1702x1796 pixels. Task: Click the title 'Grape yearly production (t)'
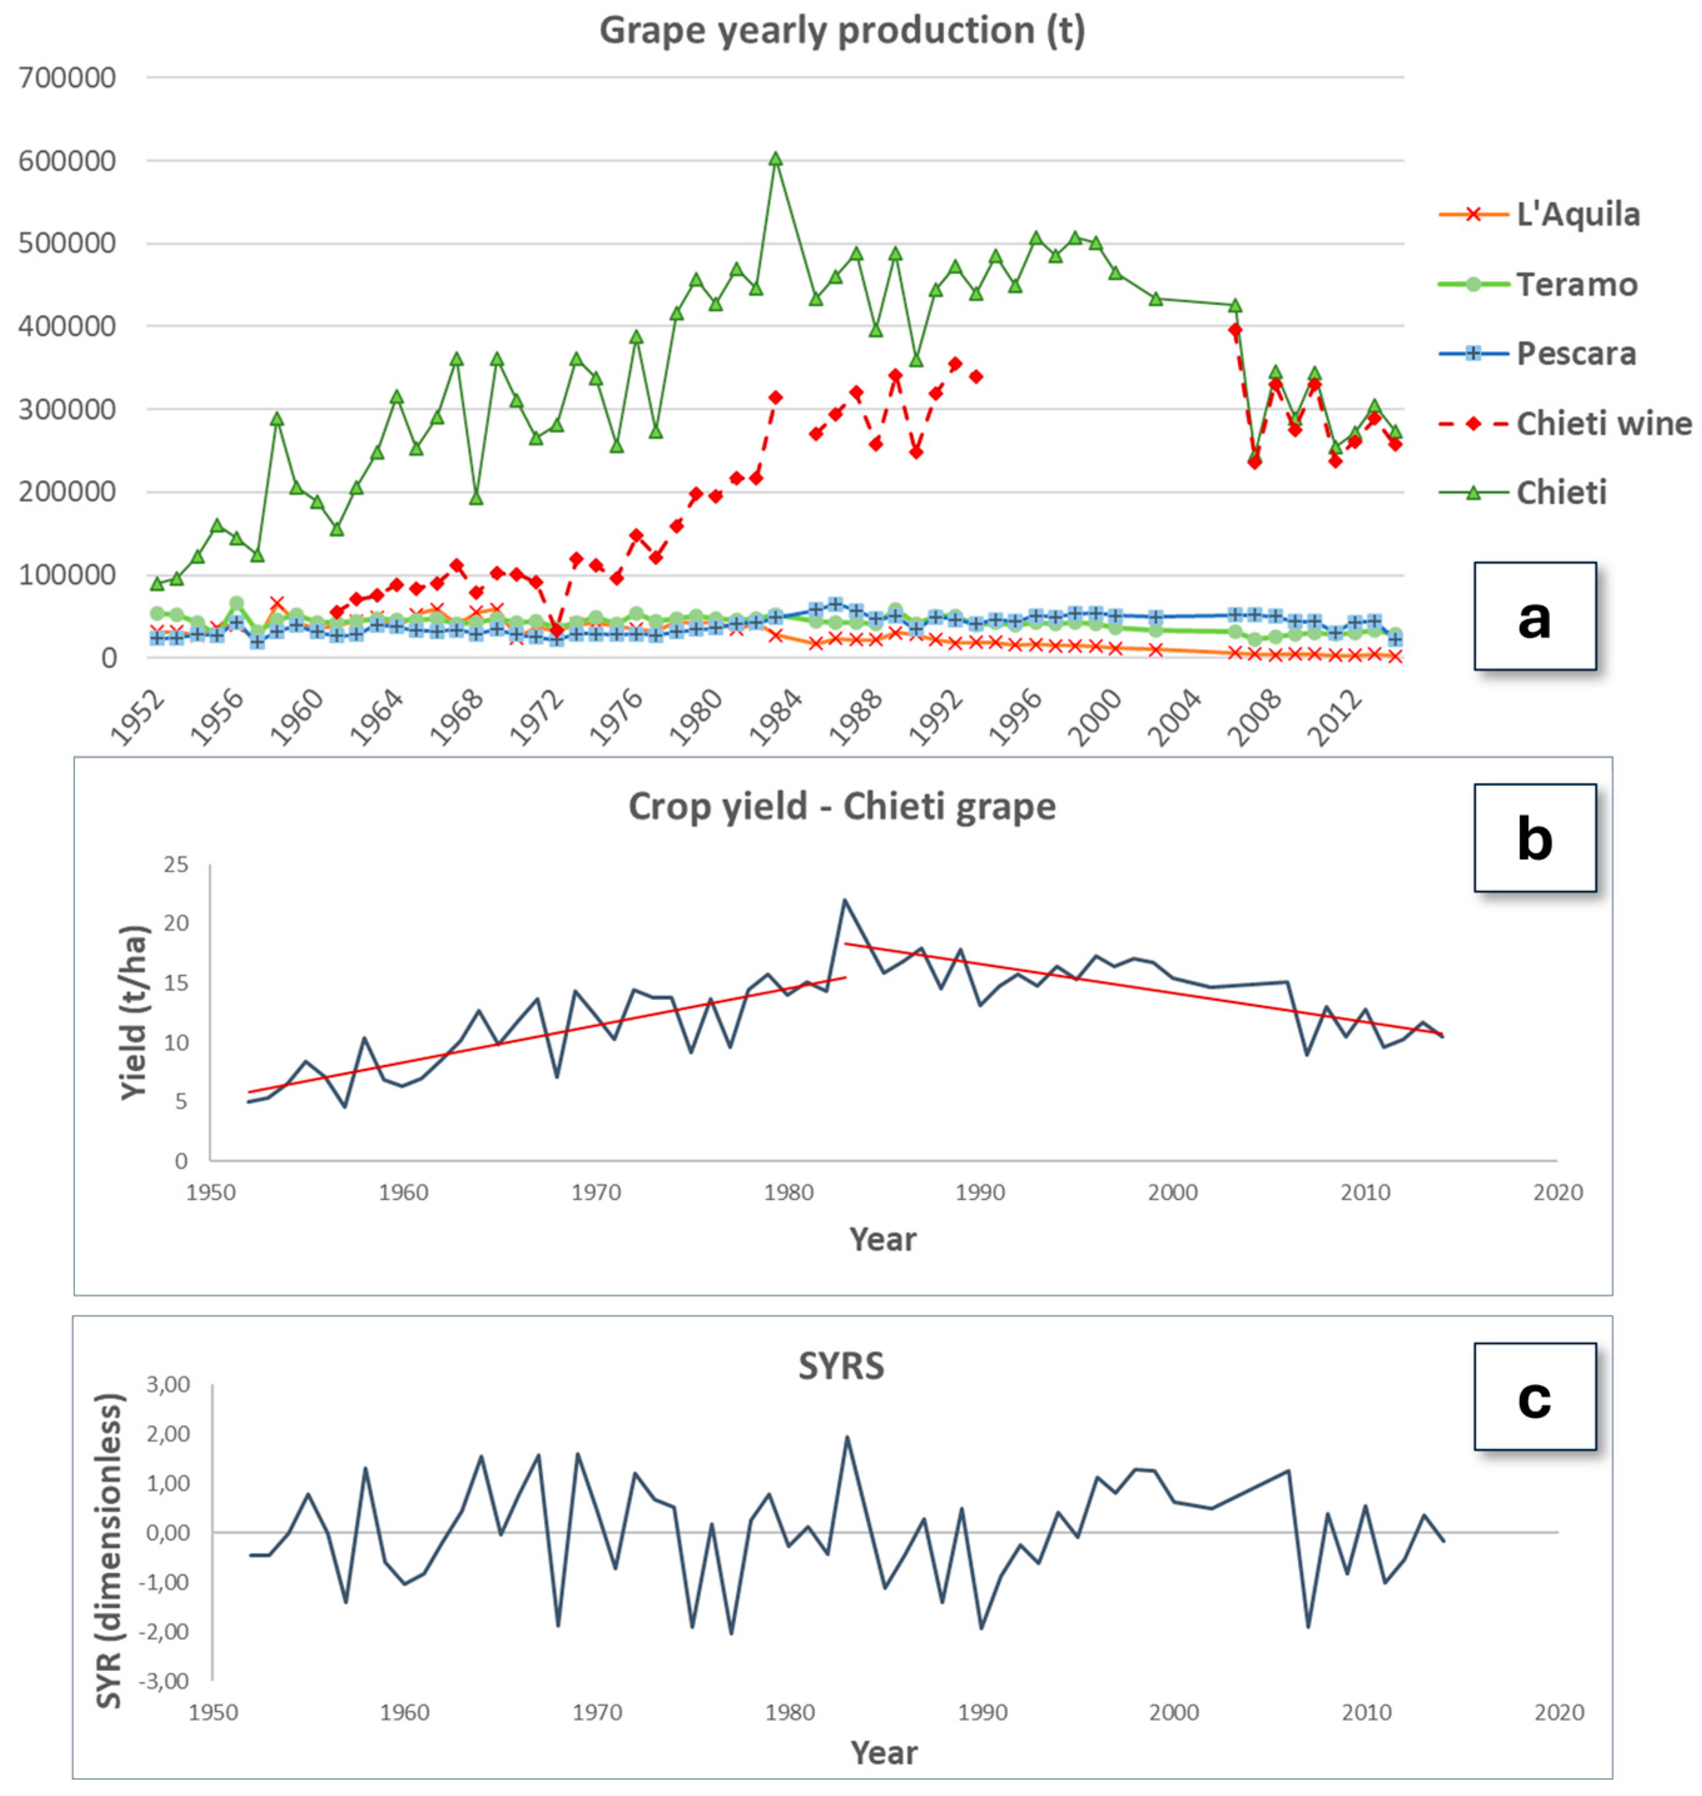(x=842, y=31)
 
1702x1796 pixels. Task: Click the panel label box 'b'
(x=1534, y=838)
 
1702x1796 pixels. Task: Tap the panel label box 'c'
(x=1534, y=1397)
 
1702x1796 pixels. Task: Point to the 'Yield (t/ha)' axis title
(x=133, y=1013)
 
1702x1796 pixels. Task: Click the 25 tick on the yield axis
(x=176, y=864)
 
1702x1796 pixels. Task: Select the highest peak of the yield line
(x=844, y=900)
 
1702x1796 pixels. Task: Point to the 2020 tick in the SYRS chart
(x=1559, y=1713)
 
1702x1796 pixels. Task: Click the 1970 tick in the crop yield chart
(x=596, y=1192)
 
